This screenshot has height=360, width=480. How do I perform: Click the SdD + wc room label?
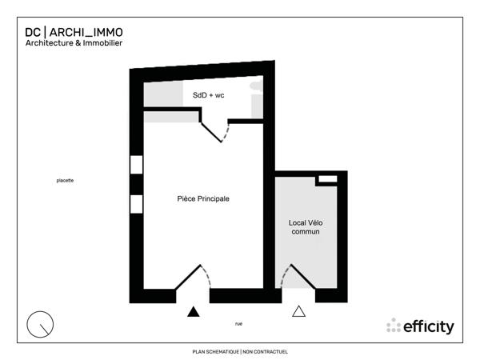(209, 96)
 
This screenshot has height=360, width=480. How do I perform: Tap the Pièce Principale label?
(203, 198)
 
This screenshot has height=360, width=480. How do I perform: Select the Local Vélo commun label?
(305, 226)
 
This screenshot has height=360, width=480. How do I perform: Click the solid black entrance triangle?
(192, 312)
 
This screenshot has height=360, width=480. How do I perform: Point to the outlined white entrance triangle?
(299, 312)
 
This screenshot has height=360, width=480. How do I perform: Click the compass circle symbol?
(40, 324)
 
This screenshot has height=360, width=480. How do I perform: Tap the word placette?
(65, 181)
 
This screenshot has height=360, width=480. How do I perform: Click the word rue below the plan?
(238, 323)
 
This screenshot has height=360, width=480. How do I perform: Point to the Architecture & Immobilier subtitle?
(74, 43)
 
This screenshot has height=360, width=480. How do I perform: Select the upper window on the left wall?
(136, 165)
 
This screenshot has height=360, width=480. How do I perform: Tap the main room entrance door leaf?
(187, 277)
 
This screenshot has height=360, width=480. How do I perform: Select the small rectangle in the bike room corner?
(326, 180)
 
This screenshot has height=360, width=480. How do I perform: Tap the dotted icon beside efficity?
(393, 326)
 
